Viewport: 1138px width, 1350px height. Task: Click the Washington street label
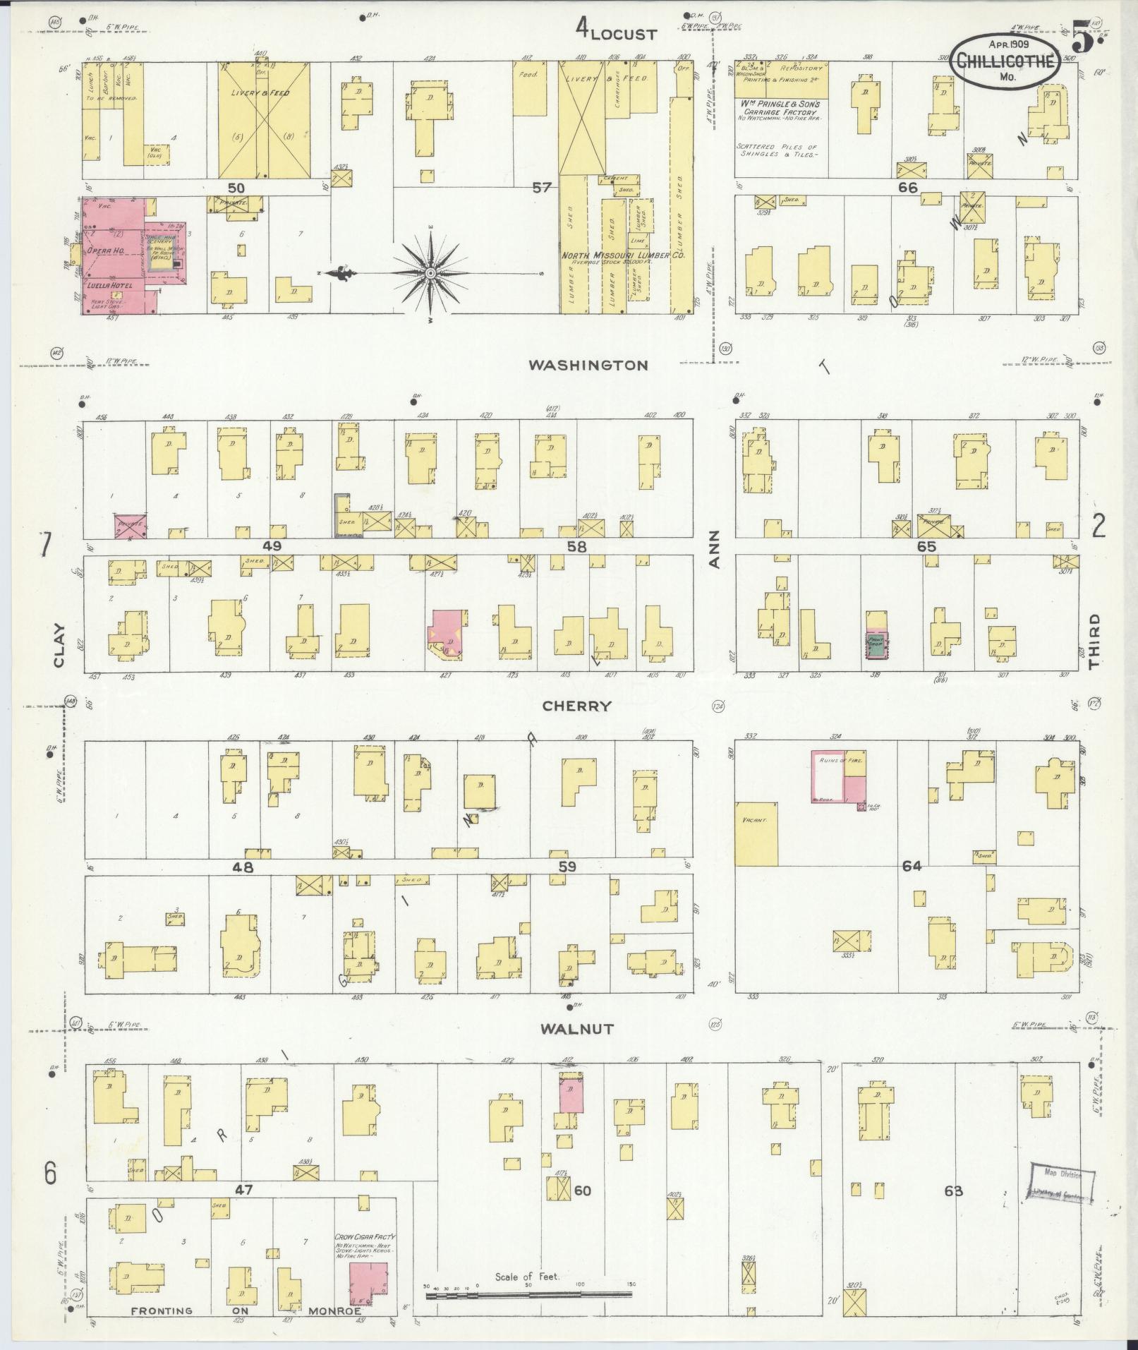(588, 365)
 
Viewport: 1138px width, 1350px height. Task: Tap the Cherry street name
(576, 706)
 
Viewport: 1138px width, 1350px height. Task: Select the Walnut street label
(577, 1029)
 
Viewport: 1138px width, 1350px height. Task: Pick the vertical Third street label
(1094, 641)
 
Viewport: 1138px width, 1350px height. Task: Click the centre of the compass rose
(430, 272)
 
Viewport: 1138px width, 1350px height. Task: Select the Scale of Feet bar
(527, 1294)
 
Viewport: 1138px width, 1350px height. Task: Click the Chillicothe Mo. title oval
(1005, 62)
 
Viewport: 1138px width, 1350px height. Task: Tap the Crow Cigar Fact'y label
(365, 1236)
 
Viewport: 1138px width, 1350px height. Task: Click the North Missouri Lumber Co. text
(623, 255)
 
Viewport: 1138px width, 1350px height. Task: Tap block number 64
(912, 865)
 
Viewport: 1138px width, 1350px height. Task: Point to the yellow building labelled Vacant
(756, 833)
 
